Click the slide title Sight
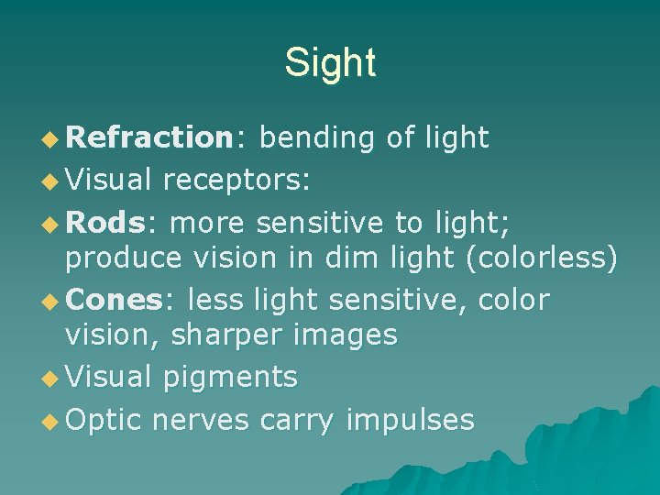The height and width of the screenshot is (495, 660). (x=330, y=62)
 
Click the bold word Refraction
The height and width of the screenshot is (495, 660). (x=150, y=137)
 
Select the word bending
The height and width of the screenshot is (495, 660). (x=316, y=138)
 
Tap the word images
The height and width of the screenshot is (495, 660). (x=346, y=335)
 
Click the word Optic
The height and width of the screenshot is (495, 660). (x=104, y=419)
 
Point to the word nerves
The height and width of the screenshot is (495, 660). (x=201, y=420)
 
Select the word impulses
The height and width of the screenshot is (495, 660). (x=410, y=420)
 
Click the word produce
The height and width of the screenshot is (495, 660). (x=124, y=259)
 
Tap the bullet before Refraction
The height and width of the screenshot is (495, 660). (x=51, y=139)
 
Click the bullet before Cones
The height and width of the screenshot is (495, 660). (x=51, y=301)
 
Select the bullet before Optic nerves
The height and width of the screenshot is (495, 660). (x=51, y=421)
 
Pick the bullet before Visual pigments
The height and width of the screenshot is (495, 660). (x=51, y=378)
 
